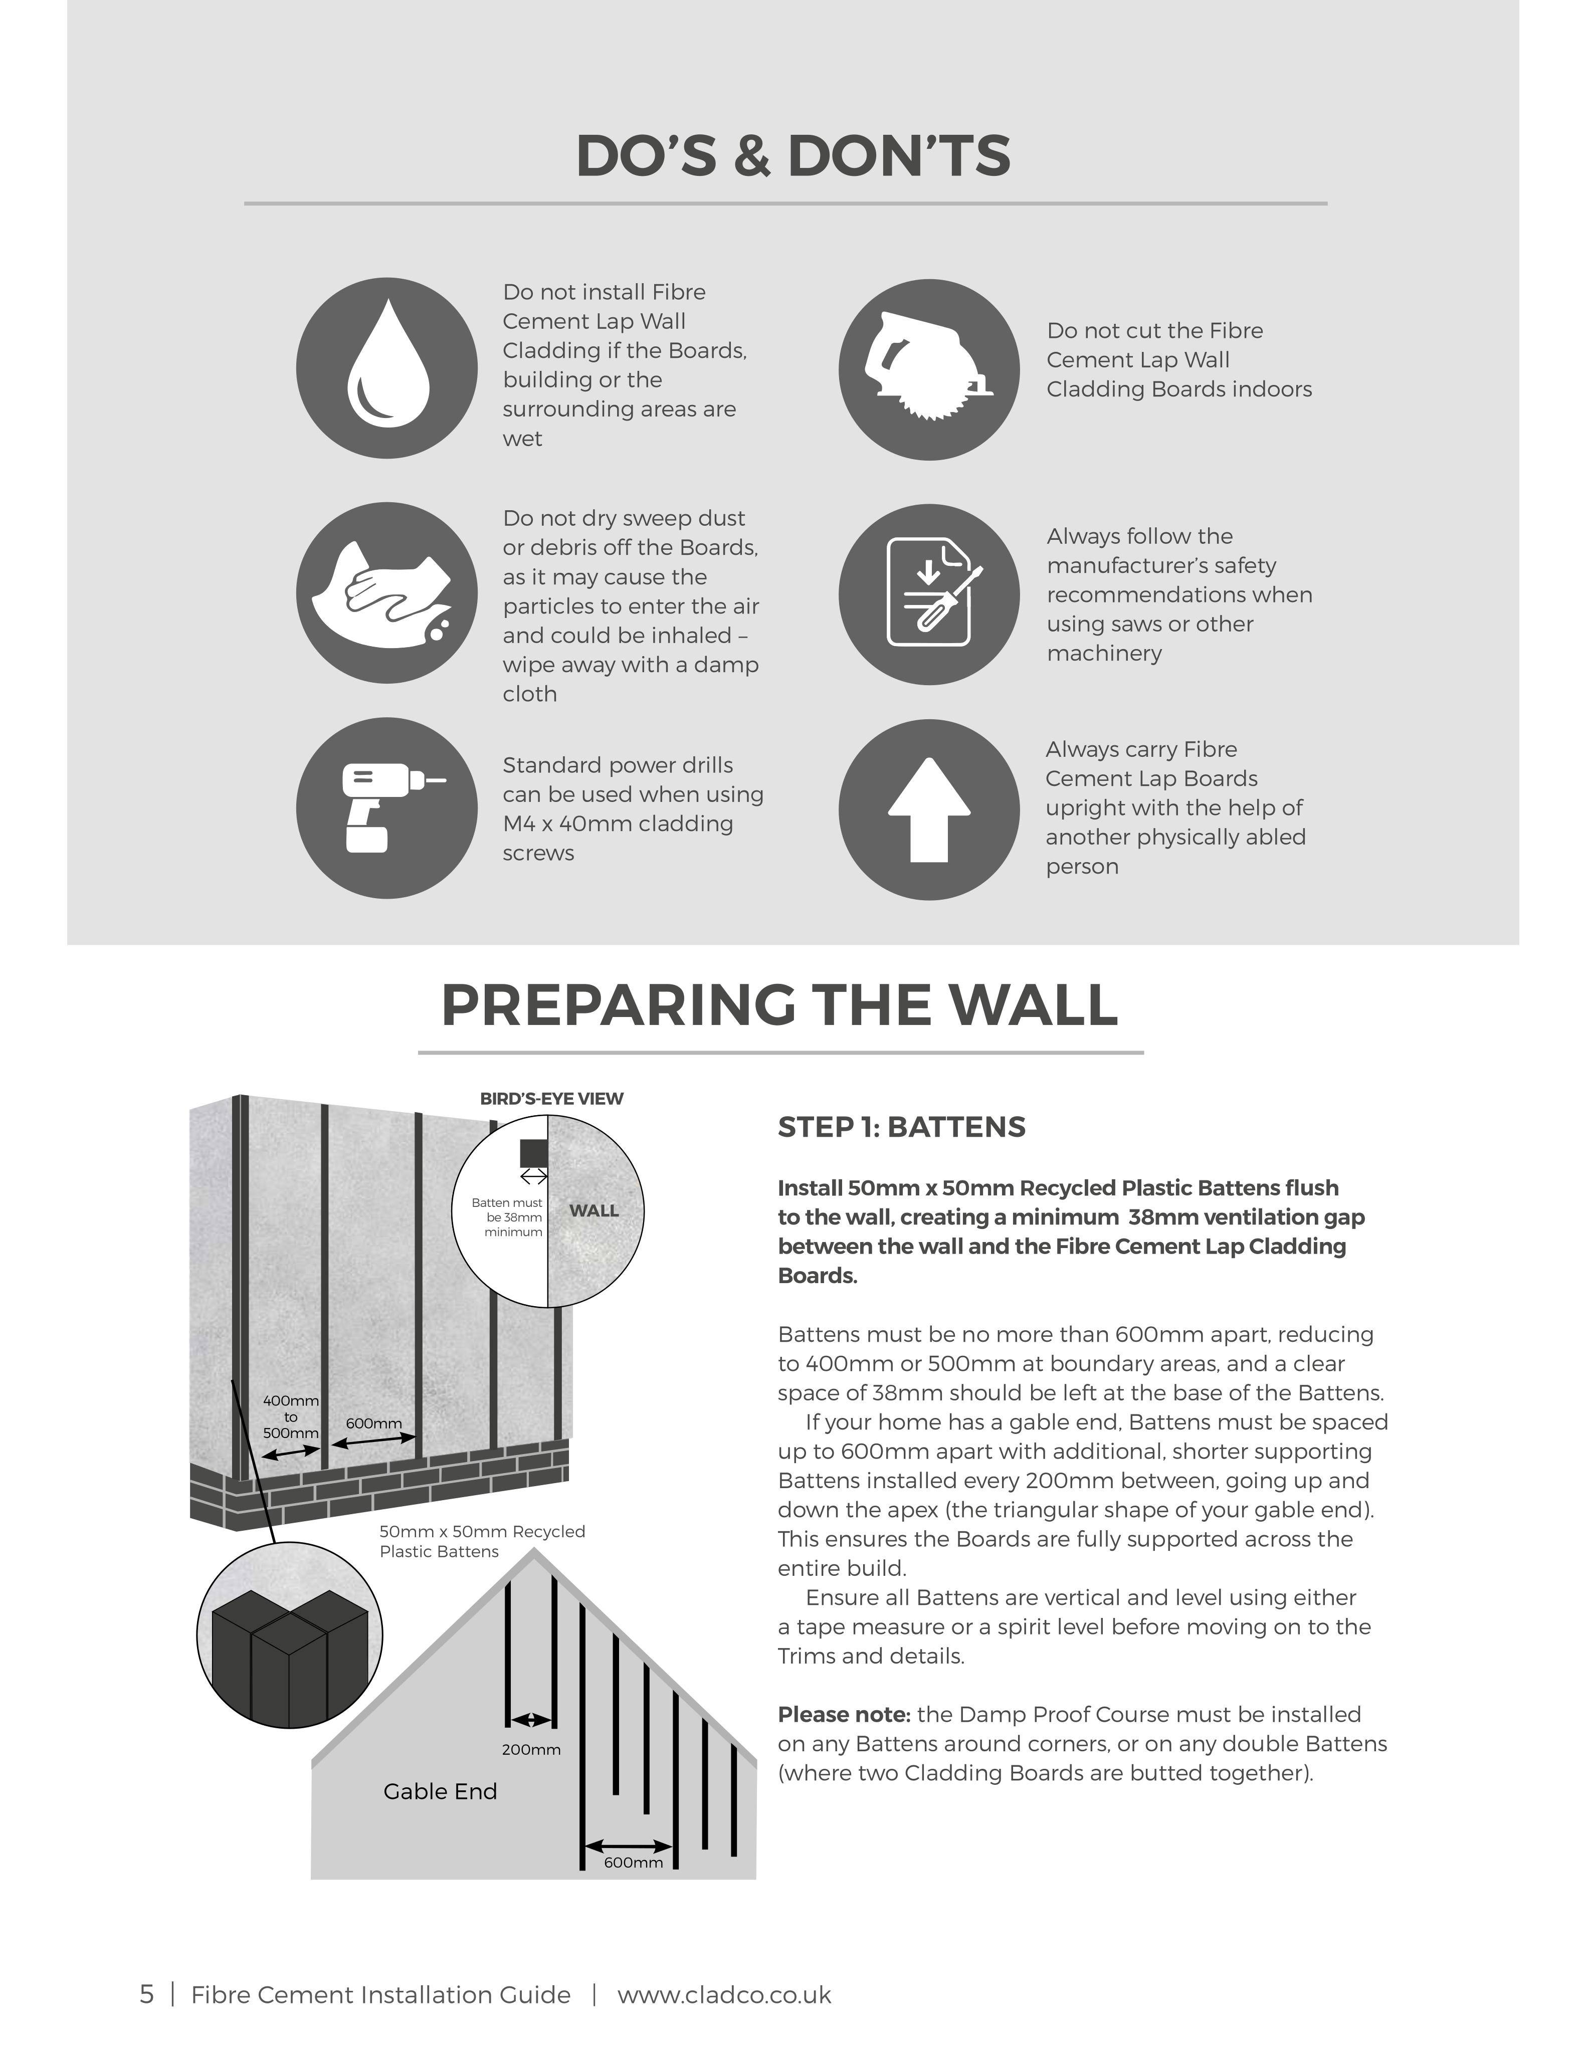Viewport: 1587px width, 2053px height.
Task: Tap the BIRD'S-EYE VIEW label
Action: coord(552,1099)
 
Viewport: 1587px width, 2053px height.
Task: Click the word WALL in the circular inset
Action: coord(594,1211)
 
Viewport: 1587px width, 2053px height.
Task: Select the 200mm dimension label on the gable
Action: coord(531,1749)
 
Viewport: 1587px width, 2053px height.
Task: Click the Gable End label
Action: coord(440,1792)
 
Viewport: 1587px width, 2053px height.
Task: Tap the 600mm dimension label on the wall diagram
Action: coord(374,1423)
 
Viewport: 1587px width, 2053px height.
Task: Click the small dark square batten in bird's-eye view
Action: coord(533,1153)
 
